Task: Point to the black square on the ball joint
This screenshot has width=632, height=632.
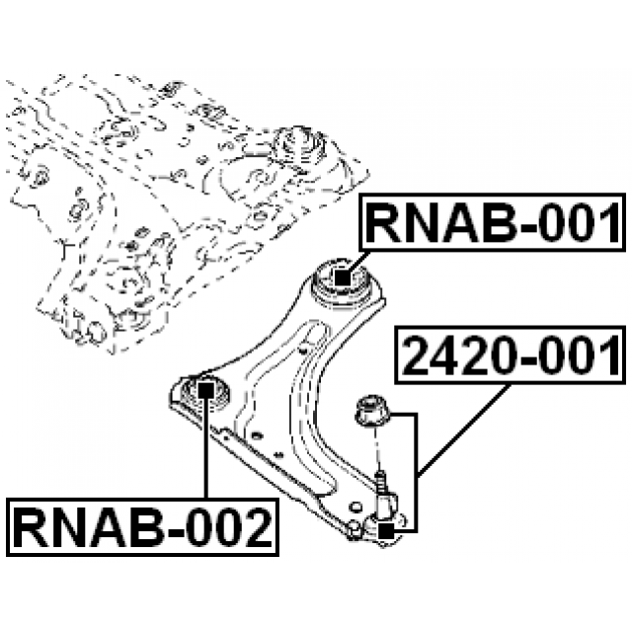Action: [x=386, y=530]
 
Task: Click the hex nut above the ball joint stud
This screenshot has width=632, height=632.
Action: [x=374, y=410]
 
